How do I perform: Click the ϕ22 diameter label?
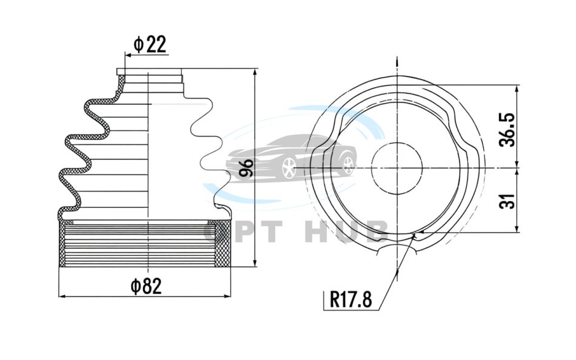click(150, 44)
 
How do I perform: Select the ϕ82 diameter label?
click(146, 286)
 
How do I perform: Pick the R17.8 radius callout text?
click(351, 299)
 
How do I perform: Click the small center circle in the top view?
click(397, 168)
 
